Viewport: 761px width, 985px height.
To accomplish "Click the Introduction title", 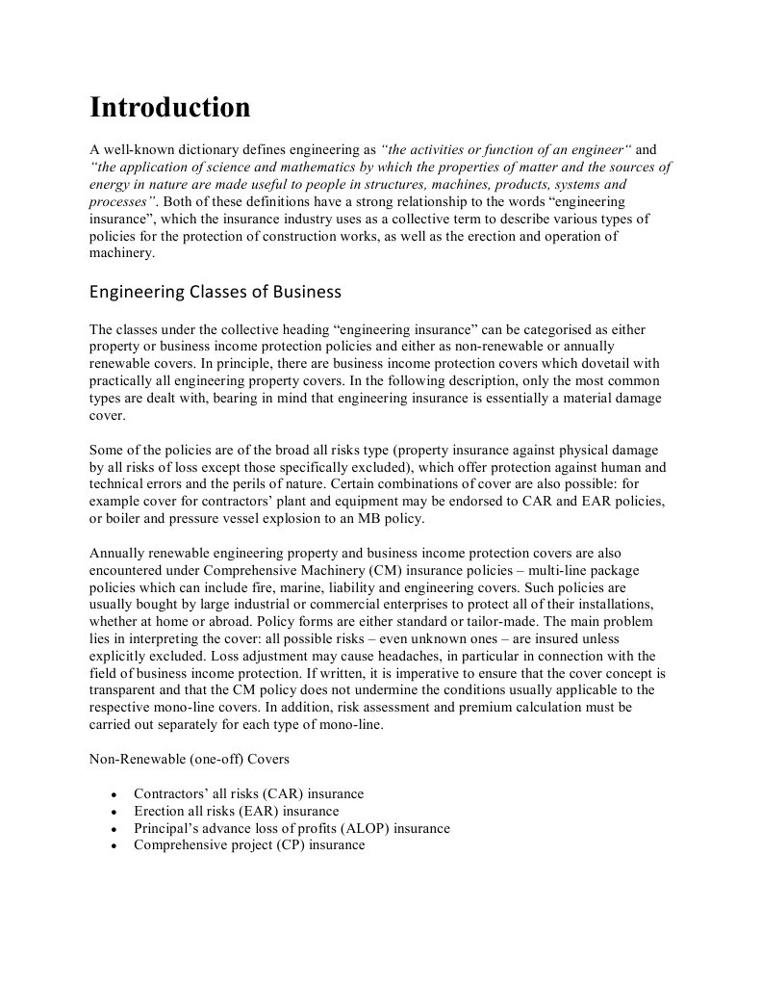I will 169,107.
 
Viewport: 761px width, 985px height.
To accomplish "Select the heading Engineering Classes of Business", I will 215,291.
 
